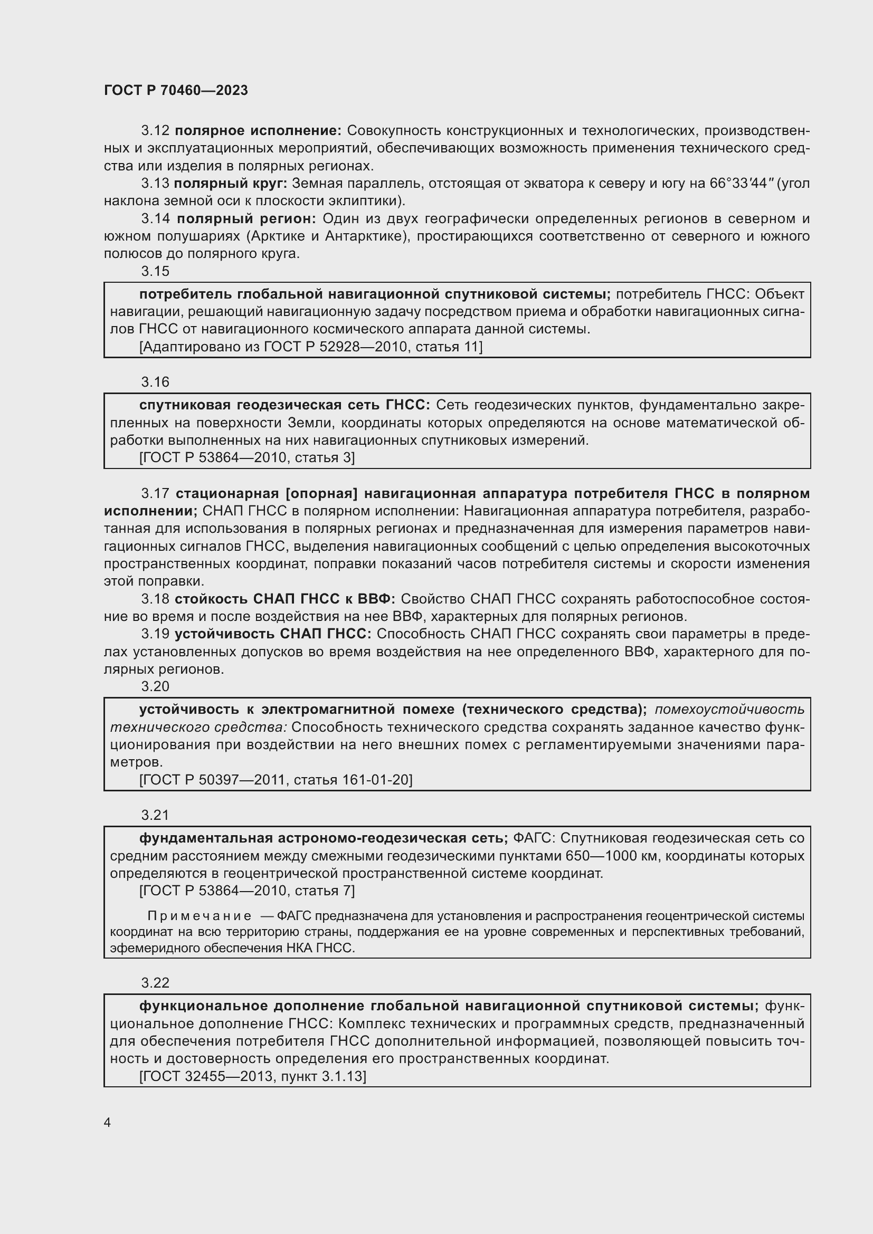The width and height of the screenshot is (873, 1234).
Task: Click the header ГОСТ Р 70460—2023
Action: coord(176,90)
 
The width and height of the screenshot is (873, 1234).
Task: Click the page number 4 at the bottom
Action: coord(108,1122)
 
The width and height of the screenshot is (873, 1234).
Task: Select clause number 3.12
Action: coord(155,131)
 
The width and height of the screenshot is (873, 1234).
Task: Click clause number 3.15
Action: coord(155,271)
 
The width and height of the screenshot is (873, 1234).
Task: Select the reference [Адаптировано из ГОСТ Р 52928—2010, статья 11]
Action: coord(311,347)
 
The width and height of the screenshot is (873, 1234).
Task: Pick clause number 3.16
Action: coord(155,382)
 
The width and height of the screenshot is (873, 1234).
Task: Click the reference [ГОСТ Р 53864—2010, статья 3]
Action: coord(246,457)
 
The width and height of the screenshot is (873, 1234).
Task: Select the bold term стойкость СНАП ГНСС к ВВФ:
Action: coord(285,599)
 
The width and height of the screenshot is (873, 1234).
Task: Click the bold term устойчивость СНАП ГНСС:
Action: coord(273,634)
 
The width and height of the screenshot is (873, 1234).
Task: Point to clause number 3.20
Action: coord(155,686)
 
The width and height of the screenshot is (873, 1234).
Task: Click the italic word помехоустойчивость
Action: coord(729,710)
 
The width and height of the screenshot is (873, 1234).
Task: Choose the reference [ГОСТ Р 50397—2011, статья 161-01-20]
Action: coord(276,779)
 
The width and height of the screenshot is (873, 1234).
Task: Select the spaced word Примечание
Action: coord(199,916)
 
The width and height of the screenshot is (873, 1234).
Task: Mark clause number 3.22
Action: coord(155,983)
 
